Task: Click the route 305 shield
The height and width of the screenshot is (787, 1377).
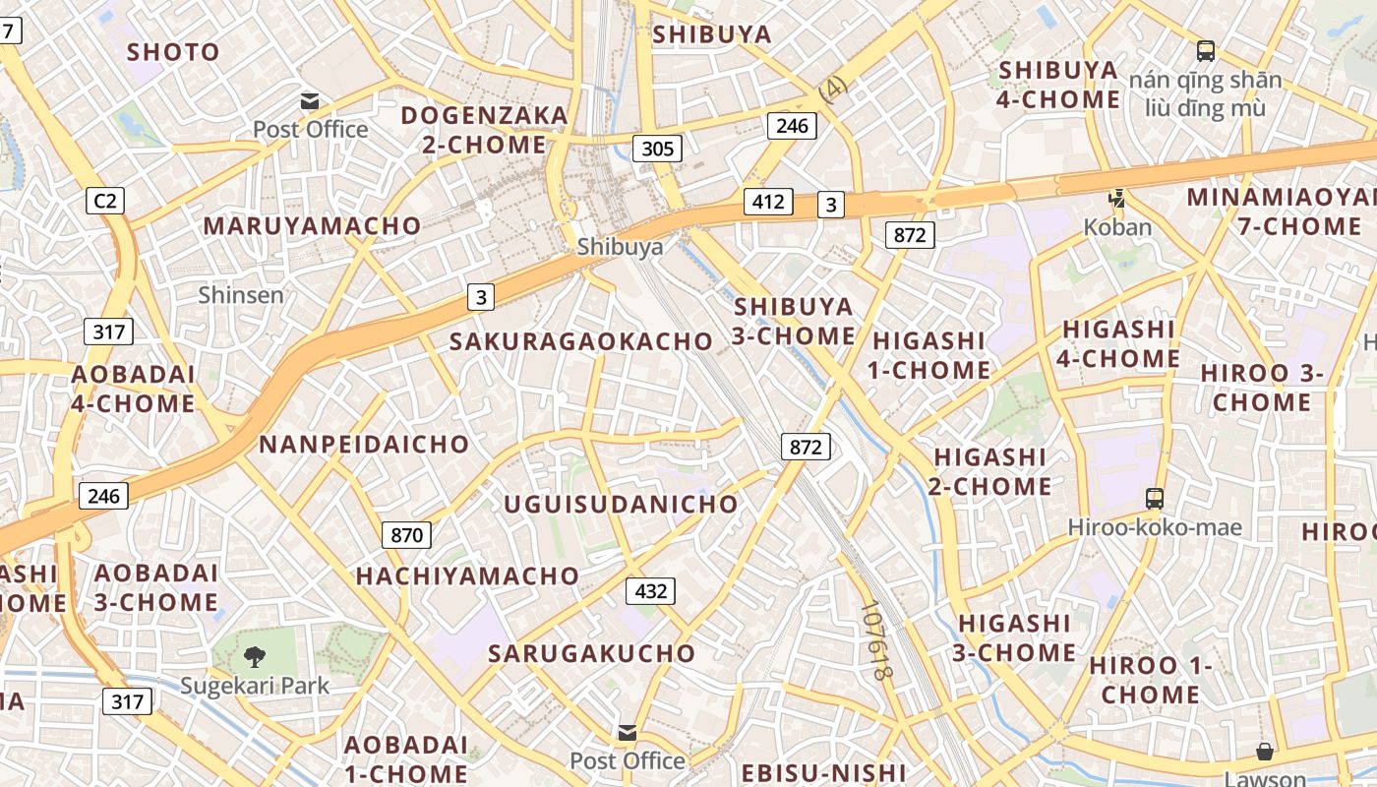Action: coord(657,149)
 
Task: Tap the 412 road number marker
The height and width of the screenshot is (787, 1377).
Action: coord(767,202)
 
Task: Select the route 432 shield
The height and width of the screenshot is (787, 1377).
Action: coord(650,591)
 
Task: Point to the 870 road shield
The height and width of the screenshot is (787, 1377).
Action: coord(406,535)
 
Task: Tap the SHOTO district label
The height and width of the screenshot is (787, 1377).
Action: coord(173,52)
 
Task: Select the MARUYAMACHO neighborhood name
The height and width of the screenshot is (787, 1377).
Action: coord(312,226)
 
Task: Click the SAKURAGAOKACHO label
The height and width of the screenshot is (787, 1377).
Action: coord(580,341)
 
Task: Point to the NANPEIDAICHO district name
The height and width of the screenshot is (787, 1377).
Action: coord(364,444)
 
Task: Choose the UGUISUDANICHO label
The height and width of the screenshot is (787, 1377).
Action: coord(621,504)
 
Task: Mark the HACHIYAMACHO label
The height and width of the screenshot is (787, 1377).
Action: coord(467,575)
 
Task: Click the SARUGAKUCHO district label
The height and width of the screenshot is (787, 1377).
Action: coord(591,653)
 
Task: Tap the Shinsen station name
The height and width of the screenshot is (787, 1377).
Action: coord(241,294)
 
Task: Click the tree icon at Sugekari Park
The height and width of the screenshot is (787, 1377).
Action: coord(254,656)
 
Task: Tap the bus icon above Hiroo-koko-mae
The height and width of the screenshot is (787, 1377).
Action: coord(1155,499)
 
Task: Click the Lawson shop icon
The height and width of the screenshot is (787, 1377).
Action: coord(1265,753)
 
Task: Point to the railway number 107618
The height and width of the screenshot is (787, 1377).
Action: coord(874,640)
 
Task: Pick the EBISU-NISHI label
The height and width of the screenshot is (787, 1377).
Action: coord(822,772)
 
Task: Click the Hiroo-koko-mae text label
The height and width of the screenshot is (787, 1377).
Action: coord(1155,528)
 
